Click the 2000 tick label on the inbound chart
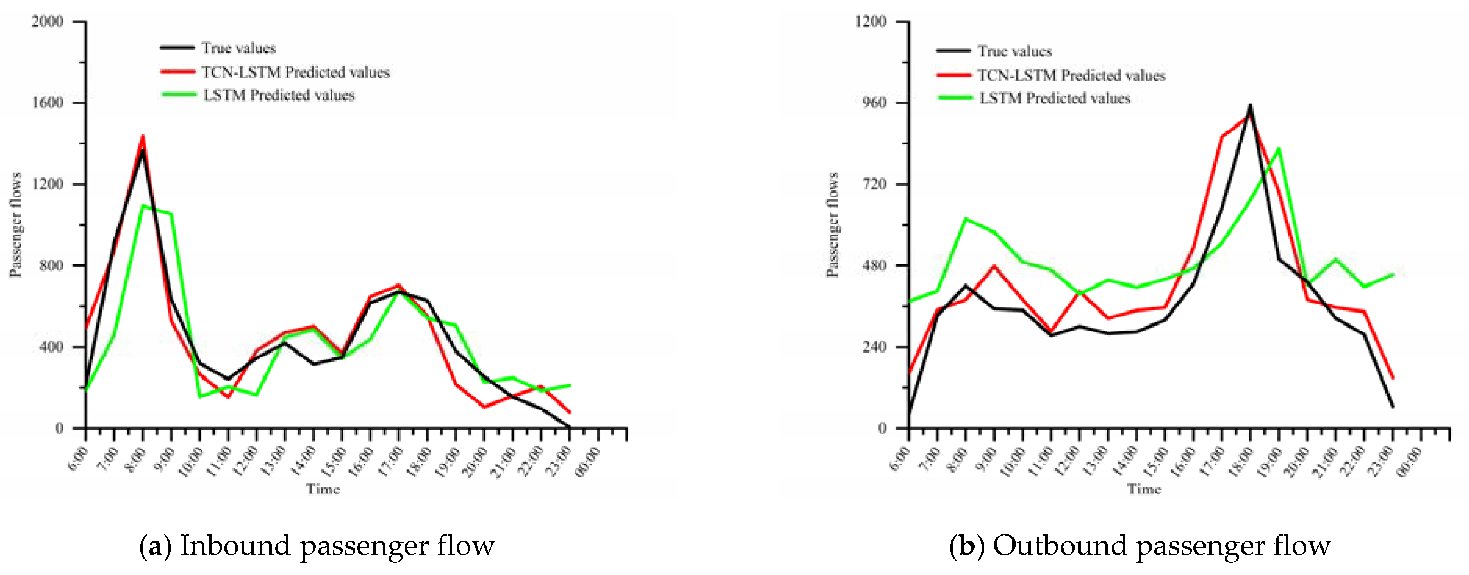pos(47,21)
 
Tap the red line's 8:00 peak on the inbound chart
pos(143,136)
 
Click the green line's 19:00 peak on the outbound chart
pos(1279,149)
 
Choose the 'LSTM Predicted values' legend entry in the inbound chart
pos(279,95)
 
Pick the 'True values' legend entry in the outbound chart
pos(1014,51)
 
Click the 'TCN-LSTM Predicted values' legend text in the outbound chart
pos(1071,75)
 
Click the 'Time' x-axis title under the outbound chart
pos(1144,489)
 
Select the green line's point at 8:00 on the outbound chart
pos(966,219)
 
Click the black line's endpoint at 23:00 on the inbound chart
pos(569,427)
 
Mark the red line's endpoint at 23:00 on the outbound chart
pos(1393,378)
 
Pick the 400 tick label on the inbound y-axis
pos(51,347)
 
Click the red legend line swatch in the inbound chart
pos(177,72)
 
